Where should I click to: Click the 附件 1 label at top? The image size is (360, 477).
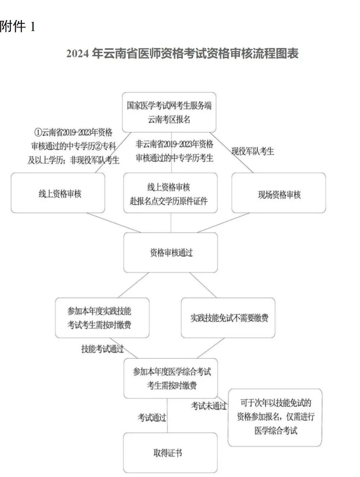click(x=17, y=27)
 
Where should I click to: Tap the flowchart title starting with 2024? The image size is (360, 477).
click(x=182, y=53)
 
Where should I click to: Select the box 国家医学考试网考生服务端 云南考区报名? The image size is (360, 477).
click(x=169, y=112)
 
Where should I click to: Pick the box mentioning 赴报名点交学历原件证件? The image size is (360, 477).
click(x=171, y=193)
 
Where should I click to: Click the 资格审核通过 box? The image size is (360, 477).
click(x=171, y=253)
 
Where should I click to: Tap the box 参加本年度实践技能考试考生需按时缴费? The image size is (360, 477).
click(x=102, y=318)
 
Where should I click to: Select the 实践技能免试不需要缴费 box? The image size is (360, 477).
click(x=228, y=318)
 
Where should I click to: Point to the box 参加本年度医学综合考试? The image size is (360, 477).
click(x=171, y=378)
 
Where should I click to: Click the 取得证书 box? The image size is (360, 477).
click(x=171, y=452)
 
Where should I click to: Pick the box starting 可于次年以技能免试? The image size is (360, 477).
click(x=275, y=417)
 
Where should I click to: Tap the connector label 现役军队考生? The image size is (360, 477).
click(x=253, y=151)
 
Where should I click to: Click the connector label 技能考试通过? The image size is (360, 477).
click(x=102, y=349)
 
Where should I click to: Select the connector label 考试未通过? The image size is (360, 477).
click(x=209, y=405)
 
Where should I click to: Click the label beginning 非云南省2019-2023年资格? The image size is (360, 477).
click(x=174, y=150)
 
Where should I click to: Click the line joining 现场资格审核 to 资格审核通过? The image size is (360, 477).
click(x=224, y=223)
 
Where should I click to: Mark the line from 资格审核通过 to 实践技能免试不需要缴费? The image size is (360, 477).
click(x=203, y=285)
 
